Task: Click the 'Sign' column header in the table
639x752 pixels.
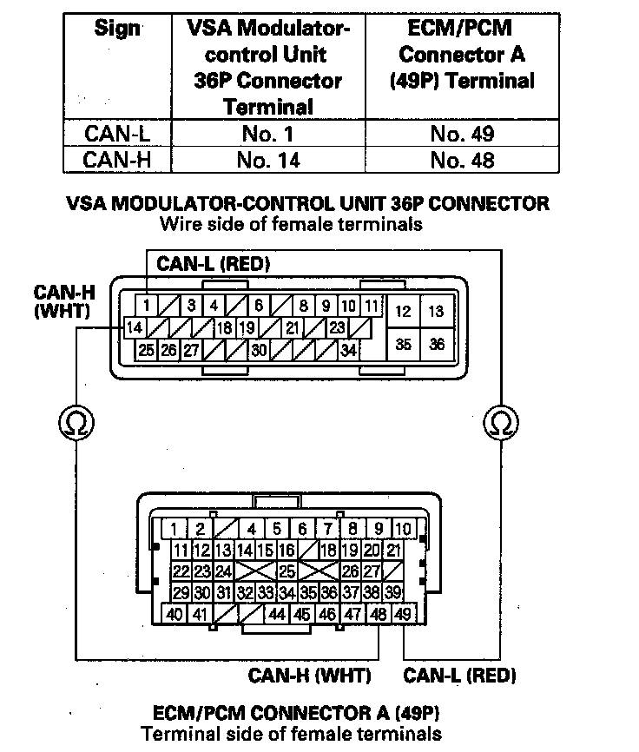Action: pos(117,28)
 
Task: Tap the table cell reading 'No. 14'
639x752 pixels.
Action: pos(268,160)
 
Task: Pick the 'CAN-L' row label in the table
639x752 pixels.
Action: pos(117,134)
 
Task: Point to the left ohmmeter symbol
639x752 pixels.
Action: pos(76,423)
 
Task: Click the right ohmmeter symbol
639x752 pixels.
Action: pos(501,423)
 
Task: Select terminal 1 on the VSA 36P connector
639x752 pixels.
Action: pos(148,306)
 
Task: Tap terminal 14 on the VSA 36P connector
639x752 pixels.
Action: pos(135,328)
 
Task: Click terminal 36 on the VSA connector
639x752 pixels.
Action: pos(437,344)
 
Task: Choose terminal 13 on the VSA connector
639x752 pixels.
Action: pos(437,311)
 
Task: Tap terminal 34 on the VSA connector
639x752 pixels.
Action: pos(349,351)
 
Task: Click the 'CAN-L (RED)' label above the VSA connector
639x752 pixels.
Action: pos(214,263)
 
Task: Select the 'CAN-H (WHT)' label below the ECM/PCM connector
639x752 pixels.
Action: pos(309,675)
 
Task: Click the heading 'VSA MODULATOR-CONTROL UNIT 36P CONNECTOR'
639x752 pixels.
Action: pos(308,205)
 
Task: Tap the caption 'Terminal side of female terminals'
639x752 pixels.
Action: pos(291,734)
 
